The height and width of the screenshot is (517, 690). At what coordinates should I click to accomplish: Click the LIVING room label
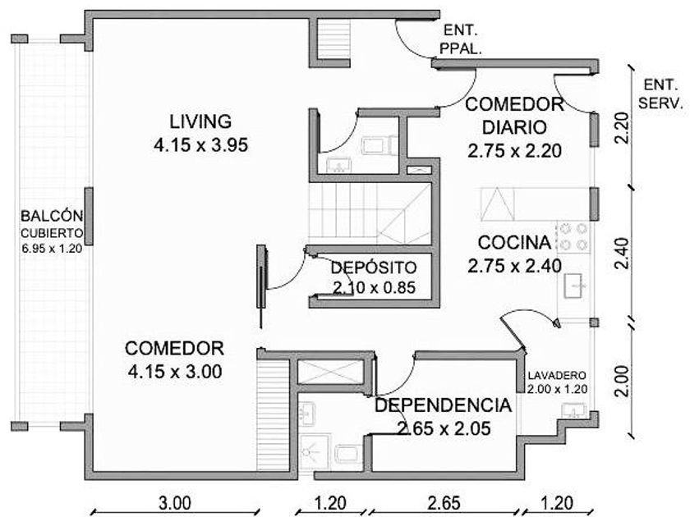pos(200,121)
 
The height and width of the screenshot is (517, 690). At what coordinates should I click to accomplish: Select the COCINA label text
pos(513,242)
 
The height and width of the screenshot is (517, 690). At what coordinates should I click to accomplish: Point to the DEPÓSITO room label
pos(374,268)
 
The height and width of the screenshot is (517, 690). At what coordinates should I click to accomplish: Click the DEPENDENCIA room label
pos(444,405)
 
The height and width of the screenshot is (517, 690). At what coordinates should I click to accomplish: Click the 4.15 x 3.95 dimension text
pos(200,145)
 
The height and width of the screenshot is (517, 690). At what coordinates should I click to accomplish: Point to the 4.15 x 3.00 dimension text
pos(174,371)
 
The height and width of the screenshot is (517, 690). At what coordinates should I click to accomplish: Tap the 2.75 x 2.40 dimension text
pos(513,266)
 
